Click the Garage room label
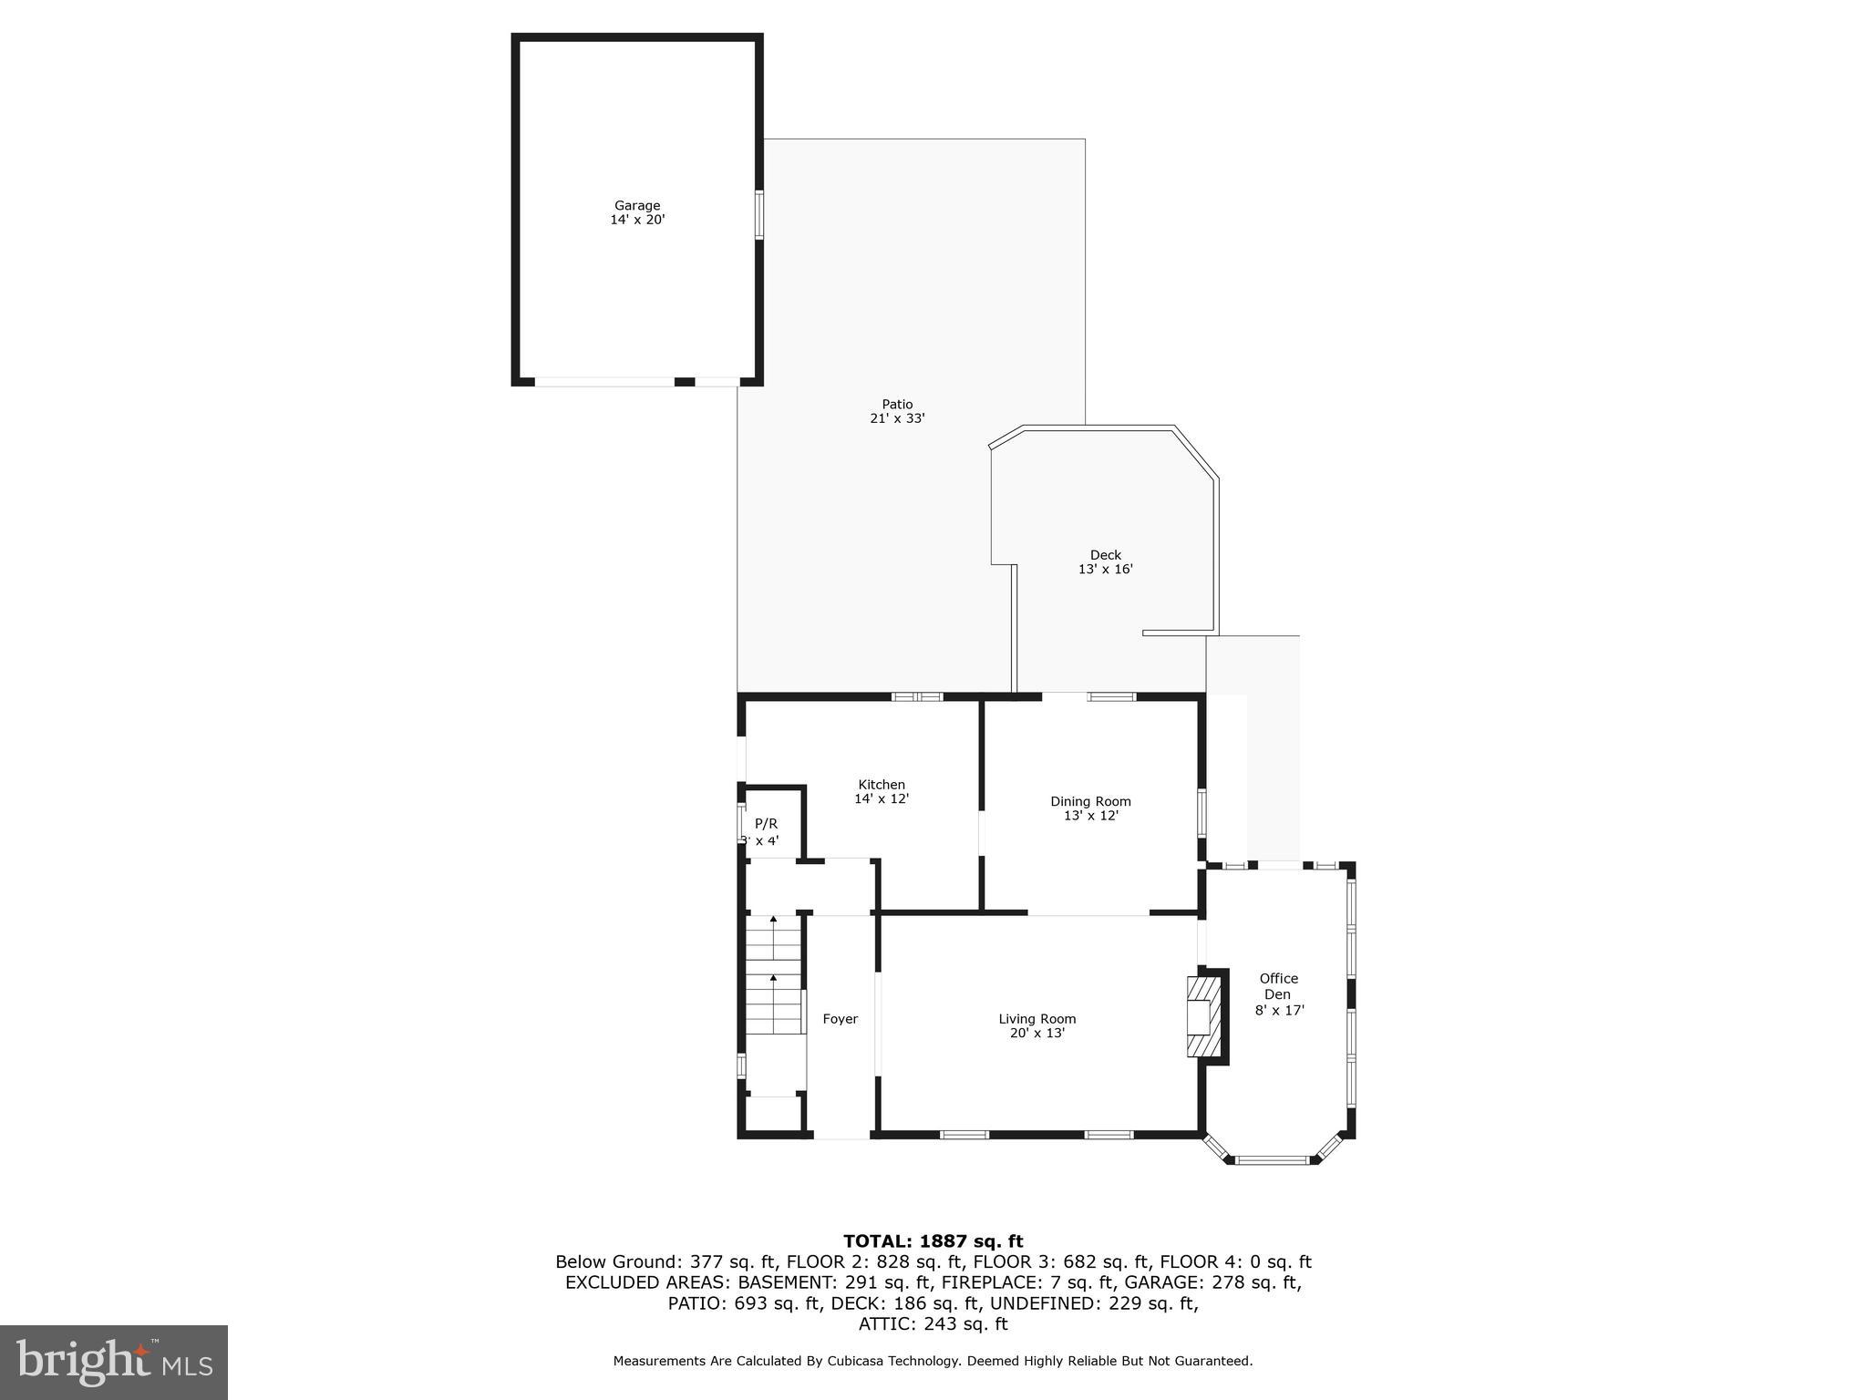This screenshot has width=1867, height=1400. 636,206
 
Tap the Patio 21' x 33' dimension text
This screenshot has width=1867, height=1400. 897,419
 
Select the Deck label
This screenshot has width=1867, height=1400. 1105,555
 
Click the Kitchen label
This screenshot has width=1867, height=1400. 882,785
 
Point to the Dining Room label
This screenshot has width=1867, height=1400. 1090,802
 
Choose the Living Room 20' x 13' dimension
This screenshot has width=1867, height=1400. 1037,1034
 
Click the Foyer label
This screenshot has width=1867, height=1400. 840,1019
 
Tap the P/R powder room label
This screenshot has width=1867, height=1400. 766,824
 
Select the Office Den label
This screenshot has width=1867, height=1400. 1278,986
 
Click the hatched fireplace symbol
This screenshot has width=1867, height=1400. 1202,1016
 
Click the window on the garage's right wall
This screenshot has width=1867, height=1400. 758,215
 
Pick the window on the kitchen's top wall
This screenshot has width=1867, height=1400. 916,697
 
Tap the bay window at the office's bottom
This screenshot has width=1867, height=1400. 1272,1160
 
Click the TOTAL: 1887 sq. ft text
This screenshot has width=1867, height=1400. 933,1241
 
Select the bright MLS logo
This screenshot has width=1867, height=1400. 113,1362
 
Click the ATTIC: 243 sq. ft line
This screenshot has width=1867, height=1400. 933,1324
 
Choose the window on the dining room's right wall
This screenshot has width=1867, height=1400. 1202,813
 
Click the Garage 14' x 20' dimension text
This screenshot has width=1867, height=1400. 637,220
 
